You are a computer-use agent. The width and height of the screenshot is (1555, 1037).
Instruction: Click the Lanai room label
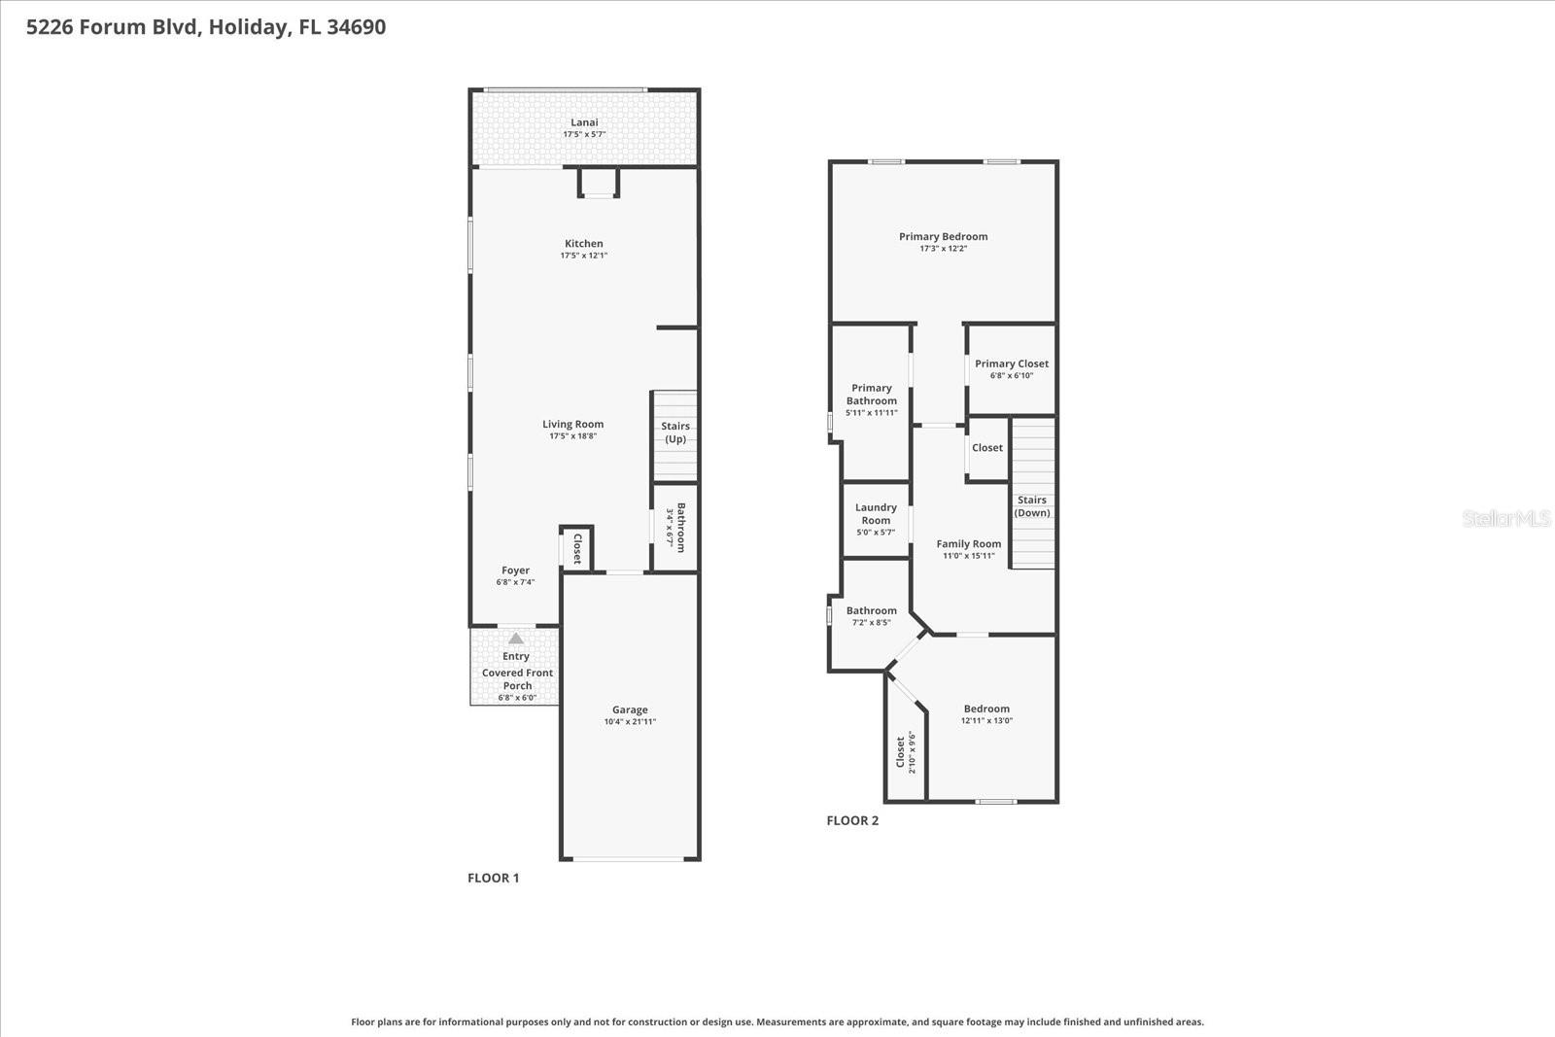584,122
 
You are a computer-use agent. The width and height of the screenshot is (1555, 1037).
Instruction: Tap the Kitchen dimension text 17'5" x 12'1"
583,256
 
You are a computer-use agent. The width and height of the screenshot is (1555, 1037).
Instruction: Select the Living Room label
572,424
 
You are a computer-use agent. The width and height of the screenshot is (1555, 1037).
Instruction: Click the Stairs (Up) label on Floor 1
675,432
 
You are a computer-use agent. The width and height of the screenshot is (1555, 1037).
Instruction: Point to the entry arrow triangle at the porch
516,639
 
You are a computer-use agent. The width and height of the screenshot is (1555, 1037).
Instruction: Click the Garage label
630,709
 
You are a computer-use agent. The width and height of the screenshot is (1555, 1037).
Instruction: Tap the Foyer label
515,570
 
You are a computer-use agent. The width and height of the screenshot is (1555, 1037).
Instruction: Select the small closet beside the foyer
576,549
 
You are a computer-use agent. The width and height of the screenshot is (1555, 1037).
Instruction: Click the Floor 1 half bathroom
675,527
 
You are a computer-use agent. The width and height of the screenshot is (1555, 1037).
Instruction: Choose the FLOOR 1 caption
493,878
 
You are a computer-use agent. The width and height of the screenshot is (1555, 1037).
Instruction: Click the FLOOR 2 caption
852,820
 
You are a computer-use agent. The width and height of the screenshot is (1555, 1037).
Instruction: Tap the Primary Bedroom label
943,236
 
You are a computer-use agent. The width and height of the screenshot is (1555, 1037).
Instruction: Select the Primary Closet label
1012,363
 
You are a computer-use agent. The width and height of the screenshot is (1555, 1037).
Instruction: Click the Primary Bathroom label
871,394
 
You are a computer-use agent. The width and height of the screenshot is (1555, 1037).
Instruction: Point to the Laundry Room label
875,513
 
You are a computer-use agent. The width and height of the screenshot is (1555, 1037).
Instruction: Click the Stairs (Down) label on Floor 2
1032,506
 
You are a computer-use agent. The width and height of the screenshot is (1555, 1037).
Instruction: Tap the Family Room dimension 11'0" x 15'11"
968,556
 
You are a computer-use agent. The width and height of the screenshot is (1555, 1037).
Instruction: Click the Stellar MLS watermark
1506,518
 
